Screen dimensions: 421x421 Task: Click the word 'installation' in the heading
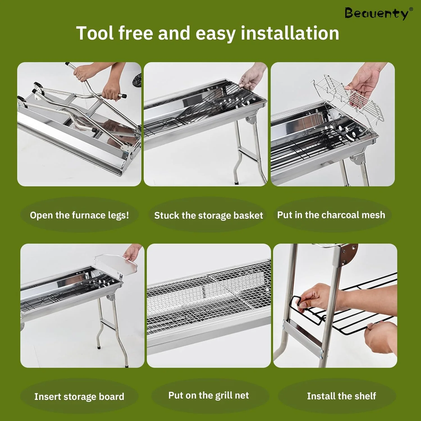(x=290, y=33)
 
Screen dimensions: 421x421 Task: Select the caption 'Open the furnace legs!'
(x=79, y=215)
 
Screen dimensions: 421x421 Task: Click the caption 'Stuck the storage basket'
(x=209, y=216)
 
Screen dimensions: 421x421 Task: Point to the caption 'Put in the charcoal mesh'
(x=331, y=215)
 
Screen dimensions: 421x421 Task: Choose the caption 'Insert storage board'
(x=79, y=397)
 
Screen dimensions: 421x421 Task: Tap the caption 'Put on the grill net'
(x=209, y=395)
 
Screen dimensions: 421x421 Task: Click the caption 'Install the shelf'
(x=341, y=396)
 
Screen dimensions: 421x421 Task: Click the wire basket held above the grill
(x=348, y=98)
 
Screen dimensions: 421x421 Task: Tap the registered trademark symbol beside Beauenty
(x=411, y=9)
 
